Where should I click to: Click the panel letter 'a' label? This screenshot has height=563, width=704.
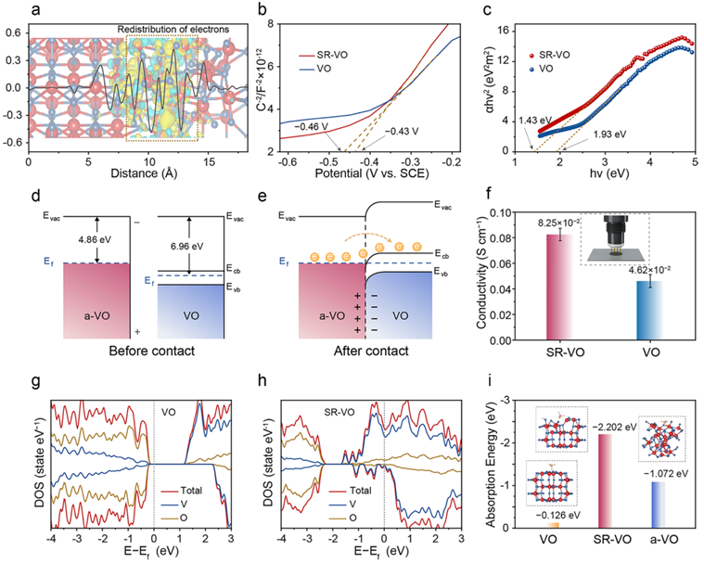[8, 10]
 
